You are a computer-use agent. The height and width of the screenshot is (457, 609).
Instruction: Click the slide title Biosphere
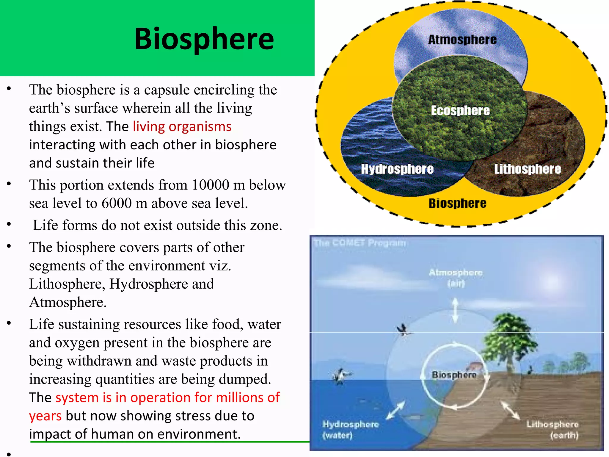pos(204,39)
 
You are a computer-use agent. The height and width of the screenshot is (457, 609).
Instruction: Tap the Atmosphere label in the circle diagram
pos(462,40)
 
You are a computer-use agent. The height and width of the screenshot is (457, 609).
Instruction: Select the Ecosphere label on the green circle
pos(460,111)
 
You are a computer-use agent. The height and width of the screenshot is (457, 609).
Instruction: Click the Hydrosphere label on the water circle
pos(397,169)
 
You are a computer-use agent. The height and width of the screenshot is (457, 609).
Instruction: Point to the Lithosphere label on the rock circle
pos(527,169)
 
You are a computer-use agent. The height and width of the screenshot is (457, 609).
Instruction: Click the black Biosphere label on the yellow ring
pos(457,204)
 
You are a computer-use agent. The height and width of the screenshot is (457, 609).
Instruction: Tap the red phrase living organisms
pos(182,126)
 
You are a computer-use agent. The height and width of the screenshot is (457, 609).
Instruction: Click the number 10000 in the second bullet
pos(210,185)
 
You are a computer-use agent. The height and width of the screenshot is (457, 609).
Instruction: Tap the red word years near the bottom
pos(45,416)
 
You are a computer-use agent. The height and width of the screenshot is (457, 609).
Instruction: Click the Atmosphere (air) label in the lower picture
pos(456,277)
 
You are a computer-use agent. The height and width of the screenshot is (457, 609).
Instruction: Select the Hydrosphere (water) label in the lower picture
pos(350,430)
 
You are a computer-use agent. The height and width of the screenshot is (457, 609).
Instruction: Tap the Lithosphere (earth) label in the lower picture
pos(553,430)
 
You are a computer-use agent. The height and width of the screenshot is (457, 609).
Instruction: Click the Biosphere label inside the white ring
pos(454,375)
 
